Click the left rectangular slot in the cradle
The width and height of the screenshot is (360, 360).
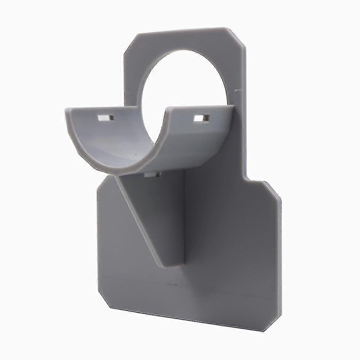pyautogui.click(x=106, y=118)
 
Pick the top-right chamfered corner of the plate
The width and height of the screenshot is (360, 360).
pyautogui.click(x=237, y=36)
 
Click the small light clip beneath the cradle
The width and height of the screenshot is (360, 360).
pyautogui.click(x=152, y=174)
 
